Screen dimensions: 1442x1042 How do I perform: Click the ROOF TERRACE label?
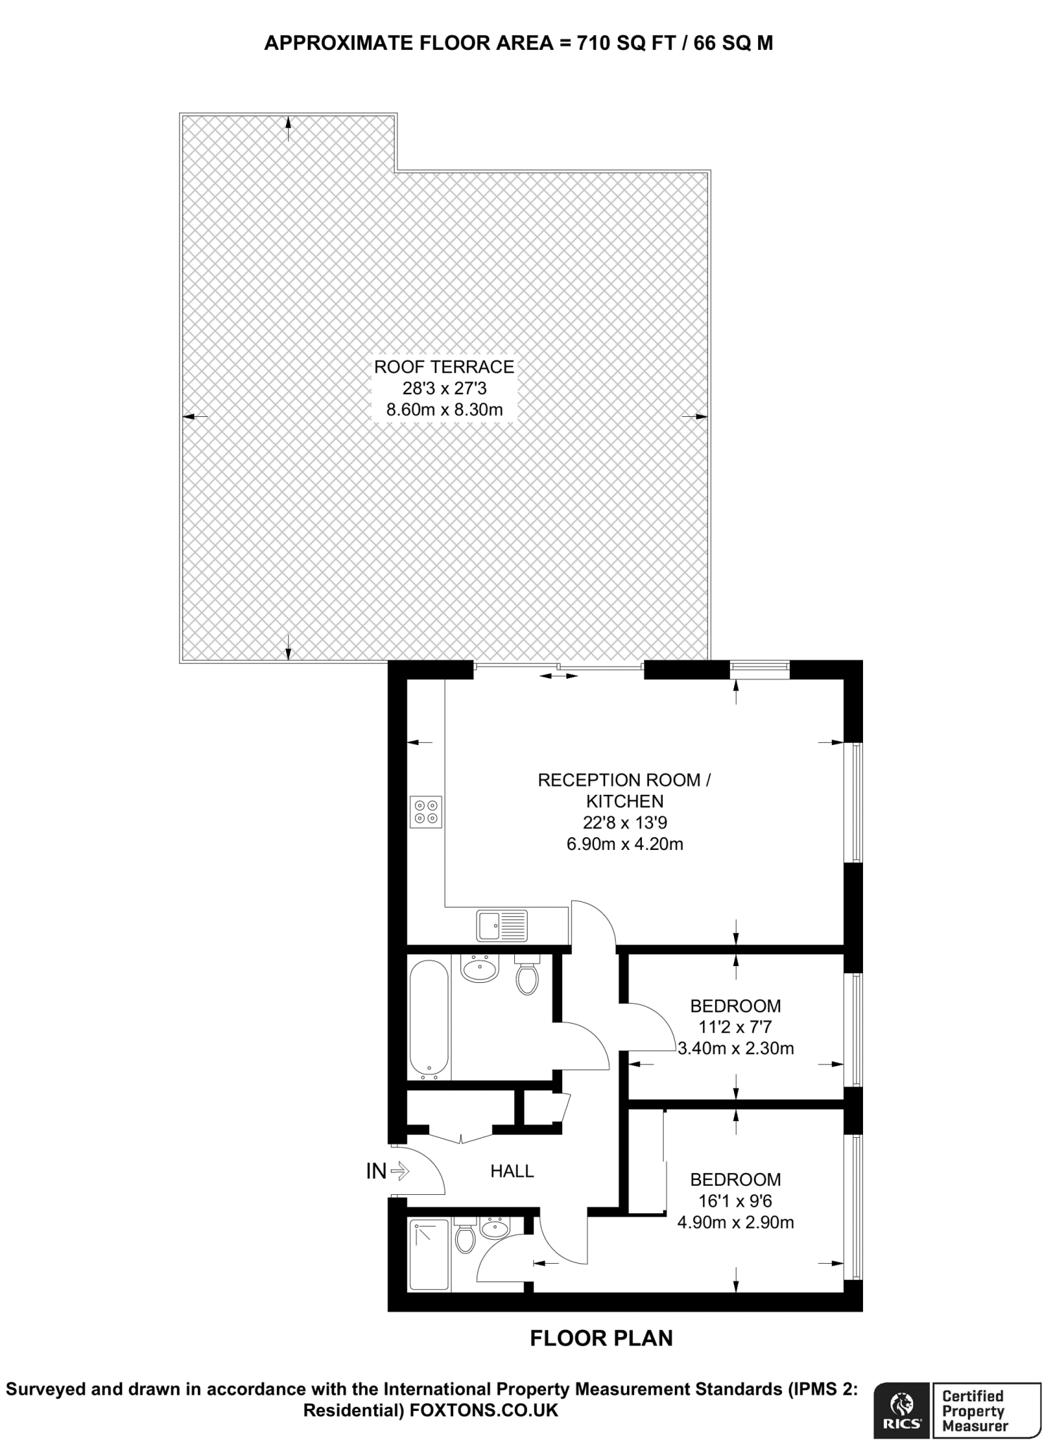tap(444, 367)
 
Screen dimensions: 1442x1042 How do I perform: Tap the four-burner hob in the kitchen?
tap(426, 812)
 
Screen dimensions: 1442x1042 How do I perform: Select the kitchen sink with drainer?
tap(502, 925)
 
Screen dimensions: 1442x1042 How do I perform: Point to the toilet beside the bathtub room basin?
tap(527, 975)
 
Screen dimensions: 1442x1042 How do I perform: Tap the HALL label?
tap(512, 1171)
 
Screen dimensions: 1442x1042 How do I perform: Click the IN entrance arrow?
tap(399, 1171)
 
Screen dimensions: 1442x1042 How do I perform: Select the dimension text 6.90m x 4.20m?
tap(625, 844)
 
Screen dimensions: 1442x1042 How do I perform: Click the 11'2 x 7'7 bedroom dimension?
tap(735, 1027)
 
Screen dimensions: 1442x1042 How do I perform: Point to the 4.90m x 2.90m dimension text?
tap(736, 1222)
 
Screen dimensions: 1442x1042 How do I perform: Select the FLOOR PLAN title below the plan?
tap(601, 1338)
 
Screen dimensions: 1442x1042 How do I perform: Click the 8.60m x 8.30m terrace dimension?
tap(444, 409)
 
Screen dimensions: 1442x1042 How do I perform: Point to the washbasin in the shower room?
tap(495, 1229)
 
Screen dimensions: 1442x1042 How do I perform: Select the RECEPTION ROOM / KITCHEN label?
tap(624, 790)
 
